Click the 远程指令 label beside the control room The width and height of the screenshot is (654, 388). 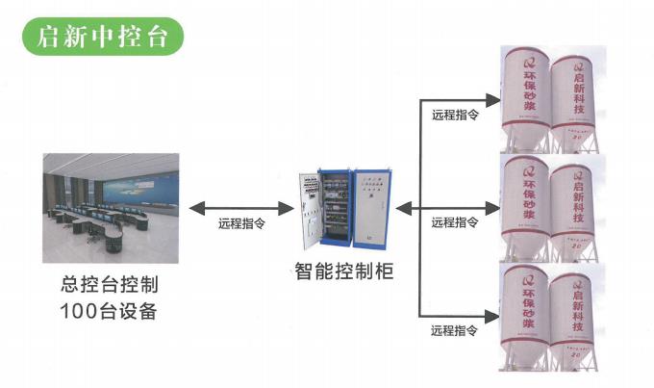pos(241,223)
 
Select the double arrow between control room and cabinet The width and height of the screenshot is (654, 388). pos(240,207)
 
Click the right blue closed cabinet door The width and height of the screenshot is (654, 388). pos(371,209)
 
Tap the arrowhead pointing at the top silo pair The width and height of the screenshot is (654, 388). pos(492,97)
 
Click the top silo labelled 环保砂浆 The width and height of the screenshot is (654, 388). pos(525,91)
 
